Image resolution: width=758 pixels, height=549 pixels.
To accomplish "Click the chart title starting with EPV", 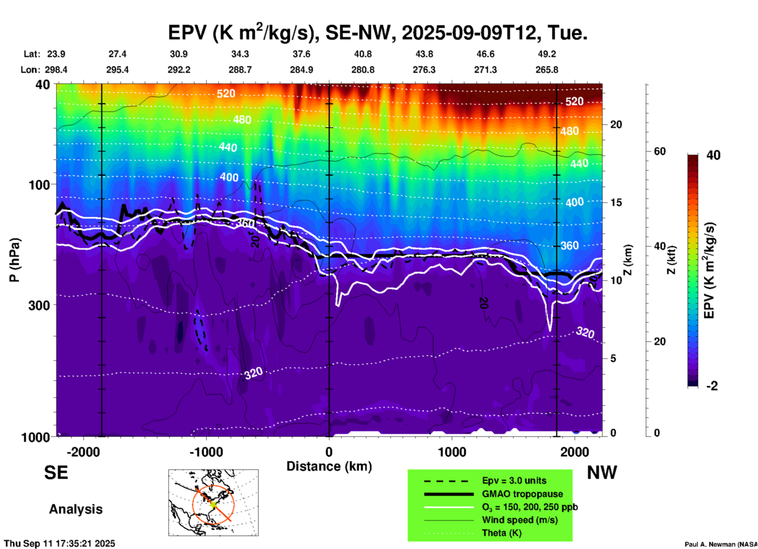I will [x=378, y=32].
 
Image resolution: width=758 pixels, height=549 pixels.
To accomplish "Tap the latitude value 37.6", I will [x=301, y=54].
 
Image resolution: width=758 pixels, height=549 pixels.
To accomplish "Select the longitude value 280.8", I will [x=362, y=70].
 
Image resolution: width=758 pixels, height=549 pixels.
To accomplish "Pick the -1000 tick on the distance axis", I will [x=206, y=452].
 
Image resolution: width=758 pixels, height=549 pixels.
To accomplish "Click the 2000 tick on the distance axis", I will [x=575, y=452].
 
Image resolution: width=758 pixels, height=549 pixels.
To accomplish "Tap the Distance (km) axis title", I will [x=329, y=466].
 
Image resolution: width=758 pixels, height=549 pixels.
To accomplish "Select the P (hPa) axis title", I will [x=15, y=260].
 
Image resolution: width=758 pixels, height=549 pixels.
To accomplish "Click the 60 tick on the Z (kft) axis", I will [x=659, y=151].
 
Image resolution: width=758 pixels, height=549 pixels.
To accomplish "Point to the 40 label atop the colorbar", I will [x=713, y=155].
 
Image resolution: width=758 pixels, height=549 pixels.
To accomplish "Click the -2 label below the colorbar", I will [x=712, y=386].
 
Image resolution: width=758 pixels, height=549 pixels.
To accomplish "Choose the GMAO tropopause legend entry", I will [x=522, y=494].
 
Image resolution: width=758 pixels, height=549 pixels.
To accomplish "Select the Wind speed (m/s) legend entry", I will [x=520, y=520].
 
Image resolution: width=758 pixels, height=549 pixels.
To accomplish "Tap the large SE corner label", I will [x=56, y=473].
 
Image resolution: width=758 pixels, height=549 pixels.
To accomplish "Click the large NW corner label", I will [x=602, y=473].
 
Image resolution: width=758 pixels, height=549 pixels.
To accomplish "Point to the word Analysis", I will [x=76, y=509].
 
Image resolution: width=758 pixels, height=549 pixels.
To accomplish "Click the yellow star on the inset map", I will [x=213, y=504].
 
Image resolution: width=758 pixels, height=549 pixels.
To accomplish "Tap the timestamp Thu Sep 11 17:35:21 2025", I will [x=59, y=543].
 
